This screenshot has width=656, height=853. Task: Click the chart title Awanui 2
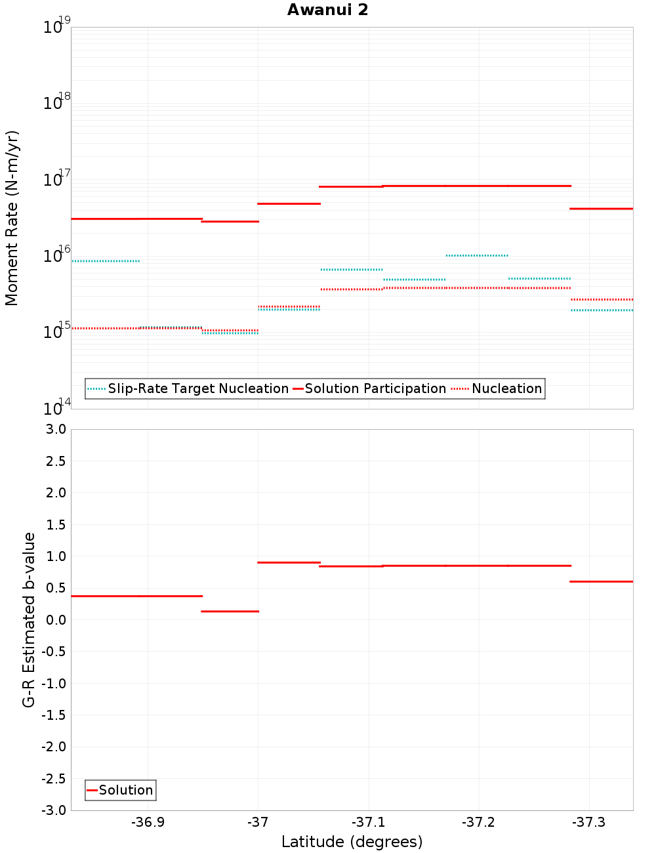tap(327, 10)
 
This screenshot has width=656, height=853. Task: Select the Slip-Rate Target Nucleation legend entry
tap(197, 388)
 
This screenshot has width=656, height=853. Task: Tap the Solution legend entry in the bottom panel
tap(125, 790)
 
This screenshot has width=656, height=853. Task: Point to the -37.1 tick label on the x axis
tap(369, 822)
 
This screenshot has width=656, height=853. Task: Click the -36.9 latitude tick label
tap(148, 822)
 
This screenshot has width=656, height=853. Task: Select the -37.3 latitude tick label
tap(589, 822)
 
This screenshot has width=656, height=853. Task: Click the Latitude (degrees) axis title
tap(352, 842)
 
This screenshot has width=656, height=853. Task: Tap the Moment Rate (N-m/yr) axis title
tap(12, 218)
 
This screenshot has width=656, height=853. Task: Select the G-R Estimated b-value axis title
tap(29, 619)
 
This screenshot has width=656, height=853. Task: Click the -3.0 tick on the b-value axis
tap(54, 810)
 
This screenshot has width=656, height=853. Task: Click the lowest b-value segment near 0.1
tap(230, 612)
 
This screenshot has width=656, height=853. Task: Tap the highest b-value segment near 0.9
tap(289, 562)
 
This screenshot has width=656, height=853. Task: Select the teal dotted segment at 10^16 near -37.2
tap(477, 255)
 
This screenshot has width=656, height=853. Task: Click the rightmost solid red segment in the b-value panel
tap(601, 581)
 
